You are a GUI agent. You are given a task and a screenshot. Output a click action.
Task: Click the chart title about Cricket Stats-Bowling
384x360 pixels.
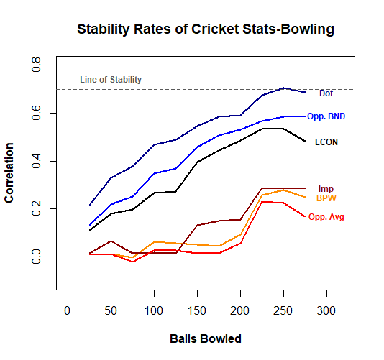[x=206, y=29]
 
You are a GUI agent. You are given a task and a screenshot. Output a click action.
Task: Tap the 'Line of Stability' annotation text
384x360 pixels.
[x=111, y=80]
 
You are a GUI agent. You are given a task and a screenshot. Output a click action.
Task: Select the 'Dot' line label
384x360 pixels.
[x=326, y=93]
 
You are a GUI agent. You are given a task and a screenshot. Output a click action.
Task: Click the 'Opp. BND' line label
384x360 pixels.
[x=326, y=116]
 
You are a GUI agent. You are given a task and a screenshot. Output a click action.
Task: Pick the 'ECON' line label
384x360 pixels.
[x=326, y=142]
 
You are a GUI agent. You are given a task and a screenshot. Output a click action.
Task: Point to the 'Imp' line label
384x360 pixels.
[x=326, y=189]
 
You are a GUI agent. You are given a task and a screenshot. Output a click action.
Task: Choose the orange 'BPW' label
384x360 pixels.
[x=326, y=198]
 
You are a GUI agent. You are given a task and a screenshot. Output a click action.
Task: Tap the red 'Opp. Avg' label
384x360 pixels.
[x=326, y=217]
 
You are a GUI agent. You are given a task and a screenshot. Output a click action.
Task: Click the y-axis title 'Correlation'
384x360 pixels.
[x=9, y=172]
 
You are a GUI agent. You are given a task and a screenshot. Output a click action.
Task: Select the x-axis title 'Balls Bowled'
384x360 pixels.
[x=206, y=338]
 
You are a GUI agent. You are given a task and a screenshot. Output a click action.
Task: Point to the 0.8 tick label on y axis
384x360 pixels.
[x=36, y=65]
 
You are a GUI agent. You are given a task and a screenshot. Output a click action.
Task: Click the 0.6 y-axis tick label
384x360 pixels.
[x=36, y=113]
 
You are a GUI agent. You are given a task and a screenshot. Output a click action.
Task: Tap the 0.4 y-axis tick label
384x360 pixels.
[x=36, y=161]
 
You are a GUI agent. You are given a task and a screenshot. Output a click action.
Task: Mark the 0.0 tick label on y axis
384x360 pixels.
[x=36, y=257]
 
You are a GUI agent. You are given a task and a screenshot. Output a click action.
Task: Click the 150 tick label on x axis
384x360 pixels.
[x=196, y=311]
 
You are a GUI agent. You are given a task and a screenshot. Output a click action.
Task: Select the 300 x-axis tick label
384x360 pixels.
[x=326, y=311]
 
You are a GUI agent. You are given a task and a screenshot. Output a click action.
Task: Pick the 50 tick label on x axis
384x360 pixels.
[x=111, y=311]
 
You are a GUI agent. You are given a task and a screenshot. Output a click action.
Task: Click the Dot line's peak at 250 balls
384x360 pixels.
[x=283, y=88]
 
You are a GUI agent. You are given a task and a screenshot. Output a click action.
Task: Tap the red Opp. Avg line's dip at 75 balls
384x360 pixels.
[x=133, y=262]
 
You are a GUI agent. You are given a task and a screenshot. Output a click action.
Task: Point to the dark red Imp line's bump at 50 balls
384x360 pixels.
[x=111, y=241]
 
